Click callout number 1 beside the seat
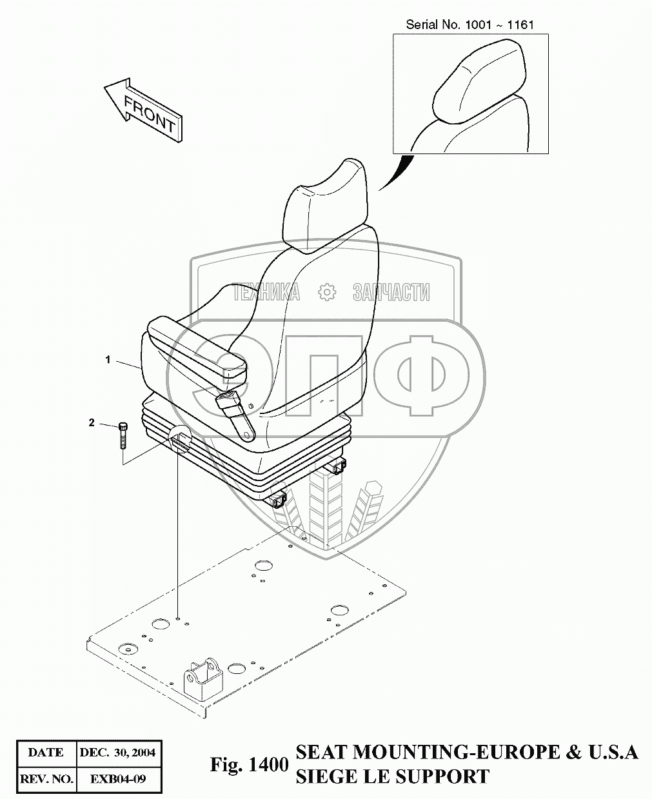point(108,360)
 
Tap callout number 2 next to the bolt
point(92,423)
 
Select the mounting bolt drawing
point(123,435)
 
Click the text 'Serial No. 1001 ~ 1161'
point(469,25)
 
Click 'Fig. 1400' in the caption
point(248,765)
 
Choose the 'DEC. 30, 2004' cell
point(117,752)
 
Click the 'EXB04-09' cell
point(117,779)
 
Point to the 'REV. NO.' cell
point(46,779)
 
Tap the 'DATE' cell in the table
point(46,752)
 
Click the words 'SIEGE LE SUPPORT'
point(392,776)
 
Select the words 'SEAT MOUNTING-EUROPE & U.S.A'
point(466,752)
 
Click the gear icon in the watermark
point(328,292)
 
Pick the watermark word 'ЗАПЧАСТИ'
point(391,293)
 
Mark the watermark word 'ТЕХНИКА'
point(266,293)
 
